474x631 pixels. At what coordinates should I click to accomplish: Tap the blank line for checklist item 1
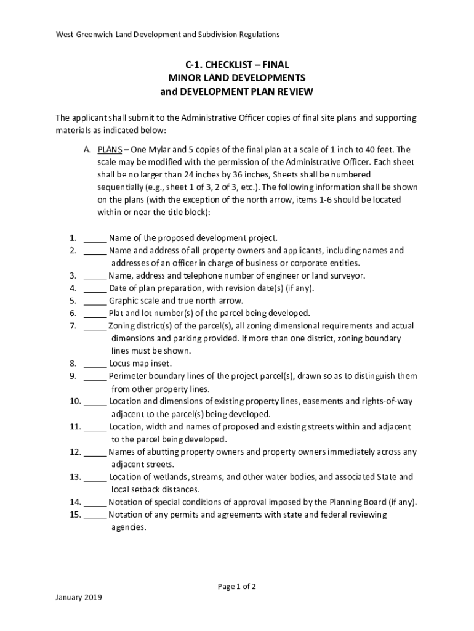pyautogui.click(x=95, y=238)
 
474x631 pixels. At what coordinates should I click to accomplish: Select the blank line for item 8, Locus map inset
pyautogui.click(x=95, y=364)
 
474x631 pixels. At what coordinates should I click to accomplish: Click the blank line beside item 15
pyautogui.click(x=95, y=515)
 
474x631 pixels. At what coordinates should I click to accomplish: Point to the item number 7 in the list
pyautogui.click(x=73, y=326)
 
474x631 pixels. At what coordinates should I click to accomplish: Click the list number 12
pyautogui.click(x=75, y=452)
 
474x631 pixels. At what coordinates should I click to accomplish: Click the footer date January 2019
pyautogui.click(x=78, y=597)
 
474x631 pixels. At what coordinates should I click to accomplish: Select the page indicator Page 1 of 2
pyautogui.click(x=237, y=587)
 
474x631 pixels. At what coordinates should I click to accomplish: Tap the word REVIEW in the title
pyautogui.click(x=292, y=91)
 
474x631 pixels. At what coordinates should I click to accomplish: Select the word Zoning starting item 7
pyautogui.click(x=122, y=326)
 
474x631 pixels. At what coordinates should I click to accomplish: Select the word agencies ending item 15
pyautogui.click(x=129, y=527)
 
